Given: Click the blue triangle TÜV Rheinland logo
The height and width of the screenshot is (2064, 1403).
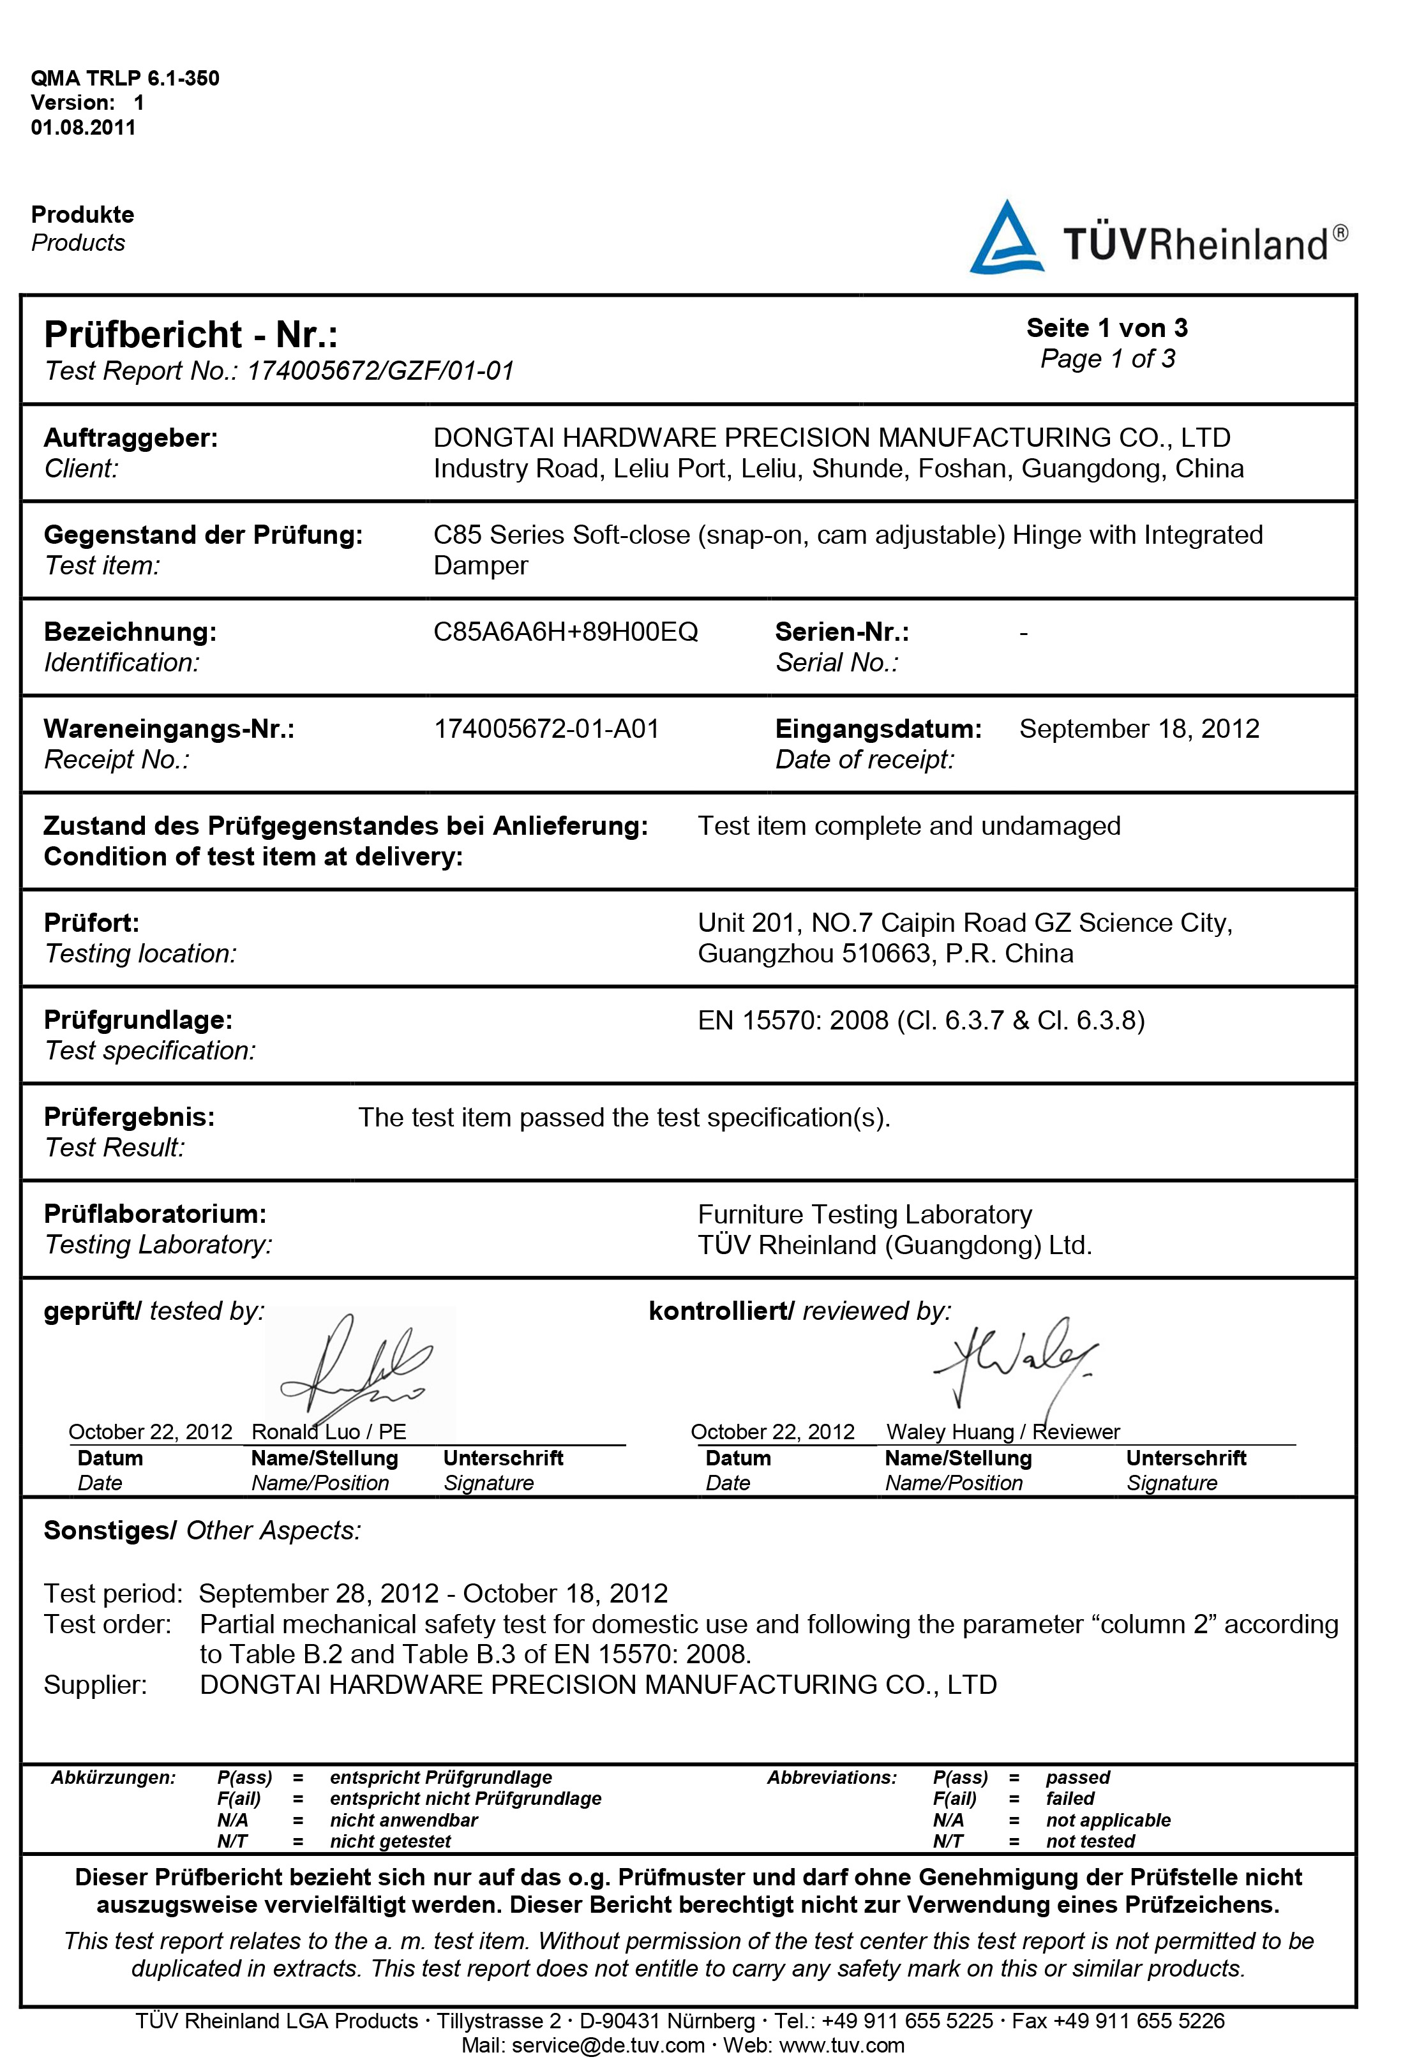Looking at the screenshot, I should (1005, 237).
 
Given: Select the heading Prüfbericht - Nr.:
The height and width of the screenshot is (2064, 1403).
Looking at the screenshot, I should (191, 335).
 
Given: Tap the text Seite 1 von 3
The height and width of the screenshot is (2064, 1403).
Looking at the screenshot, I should (1106, 327).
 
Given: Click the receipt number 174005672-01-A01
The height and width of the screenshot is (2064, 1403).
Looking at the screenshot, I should (546, 728).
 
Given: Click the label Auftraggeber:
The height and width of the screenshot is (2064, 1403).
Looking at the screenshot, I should (130, 438).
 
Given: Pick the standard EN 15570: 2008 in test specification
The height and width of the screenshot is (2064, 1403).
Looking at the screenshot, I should (792, 1020).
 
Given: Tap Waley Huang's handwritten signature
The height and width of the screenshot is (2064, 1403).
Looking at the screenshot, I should (1012, 1359).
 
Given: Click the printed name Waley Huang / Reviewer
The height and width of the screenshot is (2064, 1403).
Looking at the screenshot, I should (1003, 1431).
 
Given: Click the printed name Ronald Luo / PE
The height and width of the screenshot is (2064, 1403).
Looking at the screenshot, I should (329, 1431).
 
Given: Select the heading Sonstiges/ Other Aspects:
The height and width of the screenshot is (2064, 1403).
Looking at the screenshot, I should (202, 1530).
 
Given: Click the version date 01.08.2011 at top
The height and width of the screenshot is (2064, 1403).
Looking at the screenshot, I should (84, 127).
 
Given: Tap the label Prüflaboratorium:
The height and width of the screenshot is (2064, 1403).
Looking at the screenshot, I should (154, 1213).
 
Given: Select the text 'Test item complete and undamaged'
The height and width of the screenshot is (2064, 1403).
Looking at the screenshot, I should (908, 825).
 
